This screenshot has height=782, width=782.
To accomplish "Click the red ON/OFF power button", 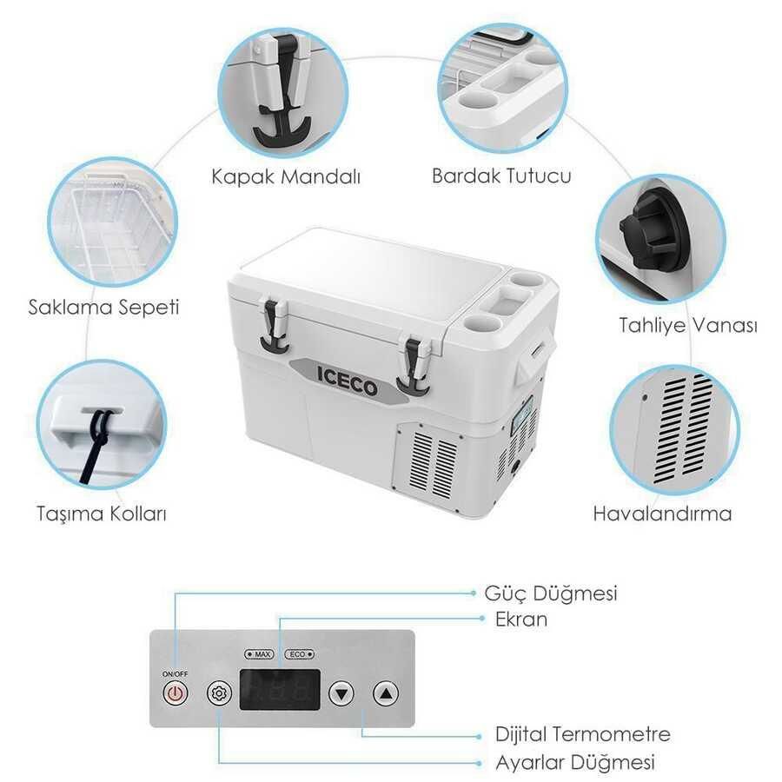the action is (175, 693).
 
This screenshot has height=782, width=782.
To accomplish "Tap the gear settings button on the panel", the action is (219, 693).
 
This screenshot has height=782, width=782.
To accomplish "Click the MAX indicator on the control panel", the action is (259, 653).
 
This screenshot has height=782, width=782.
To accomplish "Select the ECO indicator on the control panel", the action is (299, 653).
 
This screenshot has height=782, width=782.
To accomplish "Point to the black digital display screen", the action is (280, 690).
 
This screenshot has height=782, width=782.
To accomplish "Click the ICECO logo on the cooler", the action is (347, 381).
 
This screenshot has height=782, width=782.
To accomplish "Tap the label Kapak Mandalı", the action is (286, 176).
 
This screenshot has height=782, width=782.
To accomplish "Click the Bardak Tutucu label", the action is (501, 176).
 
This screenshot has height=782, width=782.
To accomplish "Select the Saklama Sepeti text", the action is (103, 308).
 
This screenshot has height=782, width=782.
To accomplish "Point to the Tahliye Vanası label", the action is (688, 325).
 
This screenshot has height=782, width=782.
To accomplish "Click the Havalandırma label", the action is (662, 514).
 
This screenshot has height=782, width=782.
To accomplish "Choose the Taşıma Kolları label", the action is (102, 514).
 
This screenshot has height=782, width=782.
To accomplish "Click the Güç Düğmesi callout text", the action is (551, 593).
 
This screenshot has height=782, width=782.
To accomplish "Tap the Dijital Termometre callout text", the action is (583, 734).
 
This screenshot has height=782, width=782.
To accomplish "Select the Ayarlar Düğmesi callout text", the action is (575, 762).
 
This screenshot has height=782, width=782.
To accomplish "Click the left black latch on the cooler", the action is (274, 328).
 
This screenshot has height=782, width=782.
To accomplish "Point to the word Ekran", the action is (521, 620).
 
